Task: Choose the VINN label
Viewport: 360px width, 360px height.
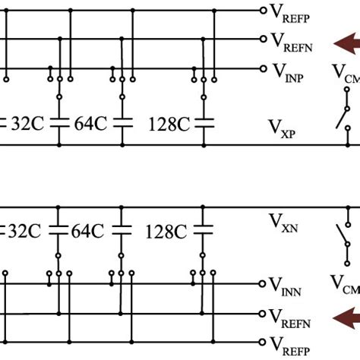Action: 290,288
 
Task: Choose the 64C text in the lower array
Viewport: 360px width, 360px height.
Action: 90,231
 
